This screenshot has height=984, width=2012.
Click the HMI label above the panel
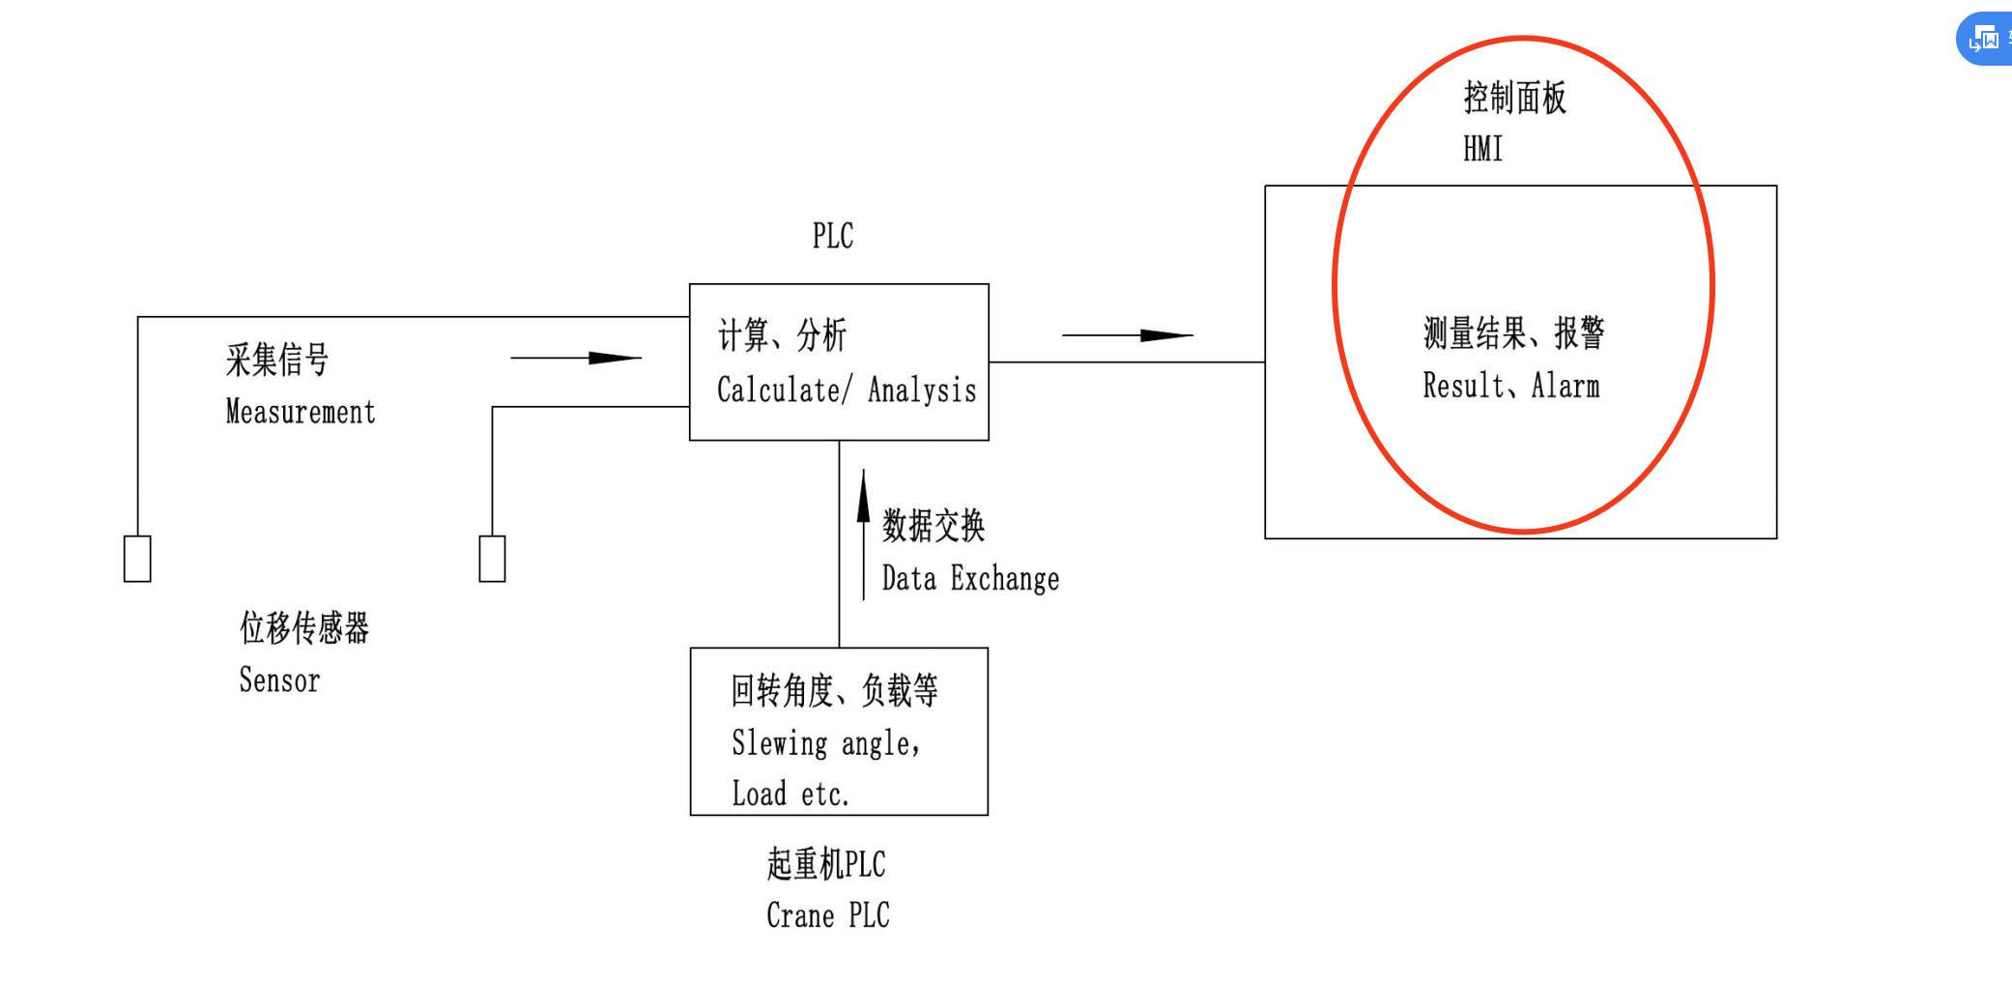[1482, 149]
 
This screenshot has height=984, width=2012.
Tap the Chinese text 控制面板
[1514, 98]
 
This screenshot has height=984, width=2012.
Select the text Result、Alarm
[1510, 386]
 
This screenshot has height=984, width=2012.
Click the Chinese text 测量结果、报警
[1513, 333]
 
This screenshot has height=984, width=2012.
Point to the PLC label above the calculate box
[832, 236]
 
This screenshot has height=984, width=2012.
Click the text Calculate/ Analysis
[846, 390]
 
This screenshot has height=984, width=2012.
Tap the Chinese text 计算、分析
[782, 335]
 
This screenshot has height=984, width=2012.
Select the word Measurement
[301, 412]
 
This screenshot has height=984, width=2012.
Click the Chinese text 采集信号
[277, 360]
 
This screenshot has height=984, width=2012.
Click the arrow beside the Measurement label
[576, 358]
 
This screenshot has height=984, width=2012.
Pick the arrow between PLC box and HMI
[1128, 335]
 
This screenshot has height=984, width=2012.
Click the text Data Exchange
[970, 579]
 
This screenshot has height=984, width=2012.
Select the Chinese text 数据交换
[934, 526]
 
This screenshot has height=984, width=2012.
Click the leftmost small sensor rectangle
[137, 559]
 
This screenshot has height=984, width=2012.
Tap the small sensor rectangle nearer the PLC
[492, 559]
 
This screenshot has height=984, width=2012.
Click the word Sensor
[279, 680]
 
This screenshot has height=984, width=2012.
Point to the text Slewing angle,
[825, 743]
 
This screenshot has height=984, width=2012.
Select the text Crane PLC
[827, 914]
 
